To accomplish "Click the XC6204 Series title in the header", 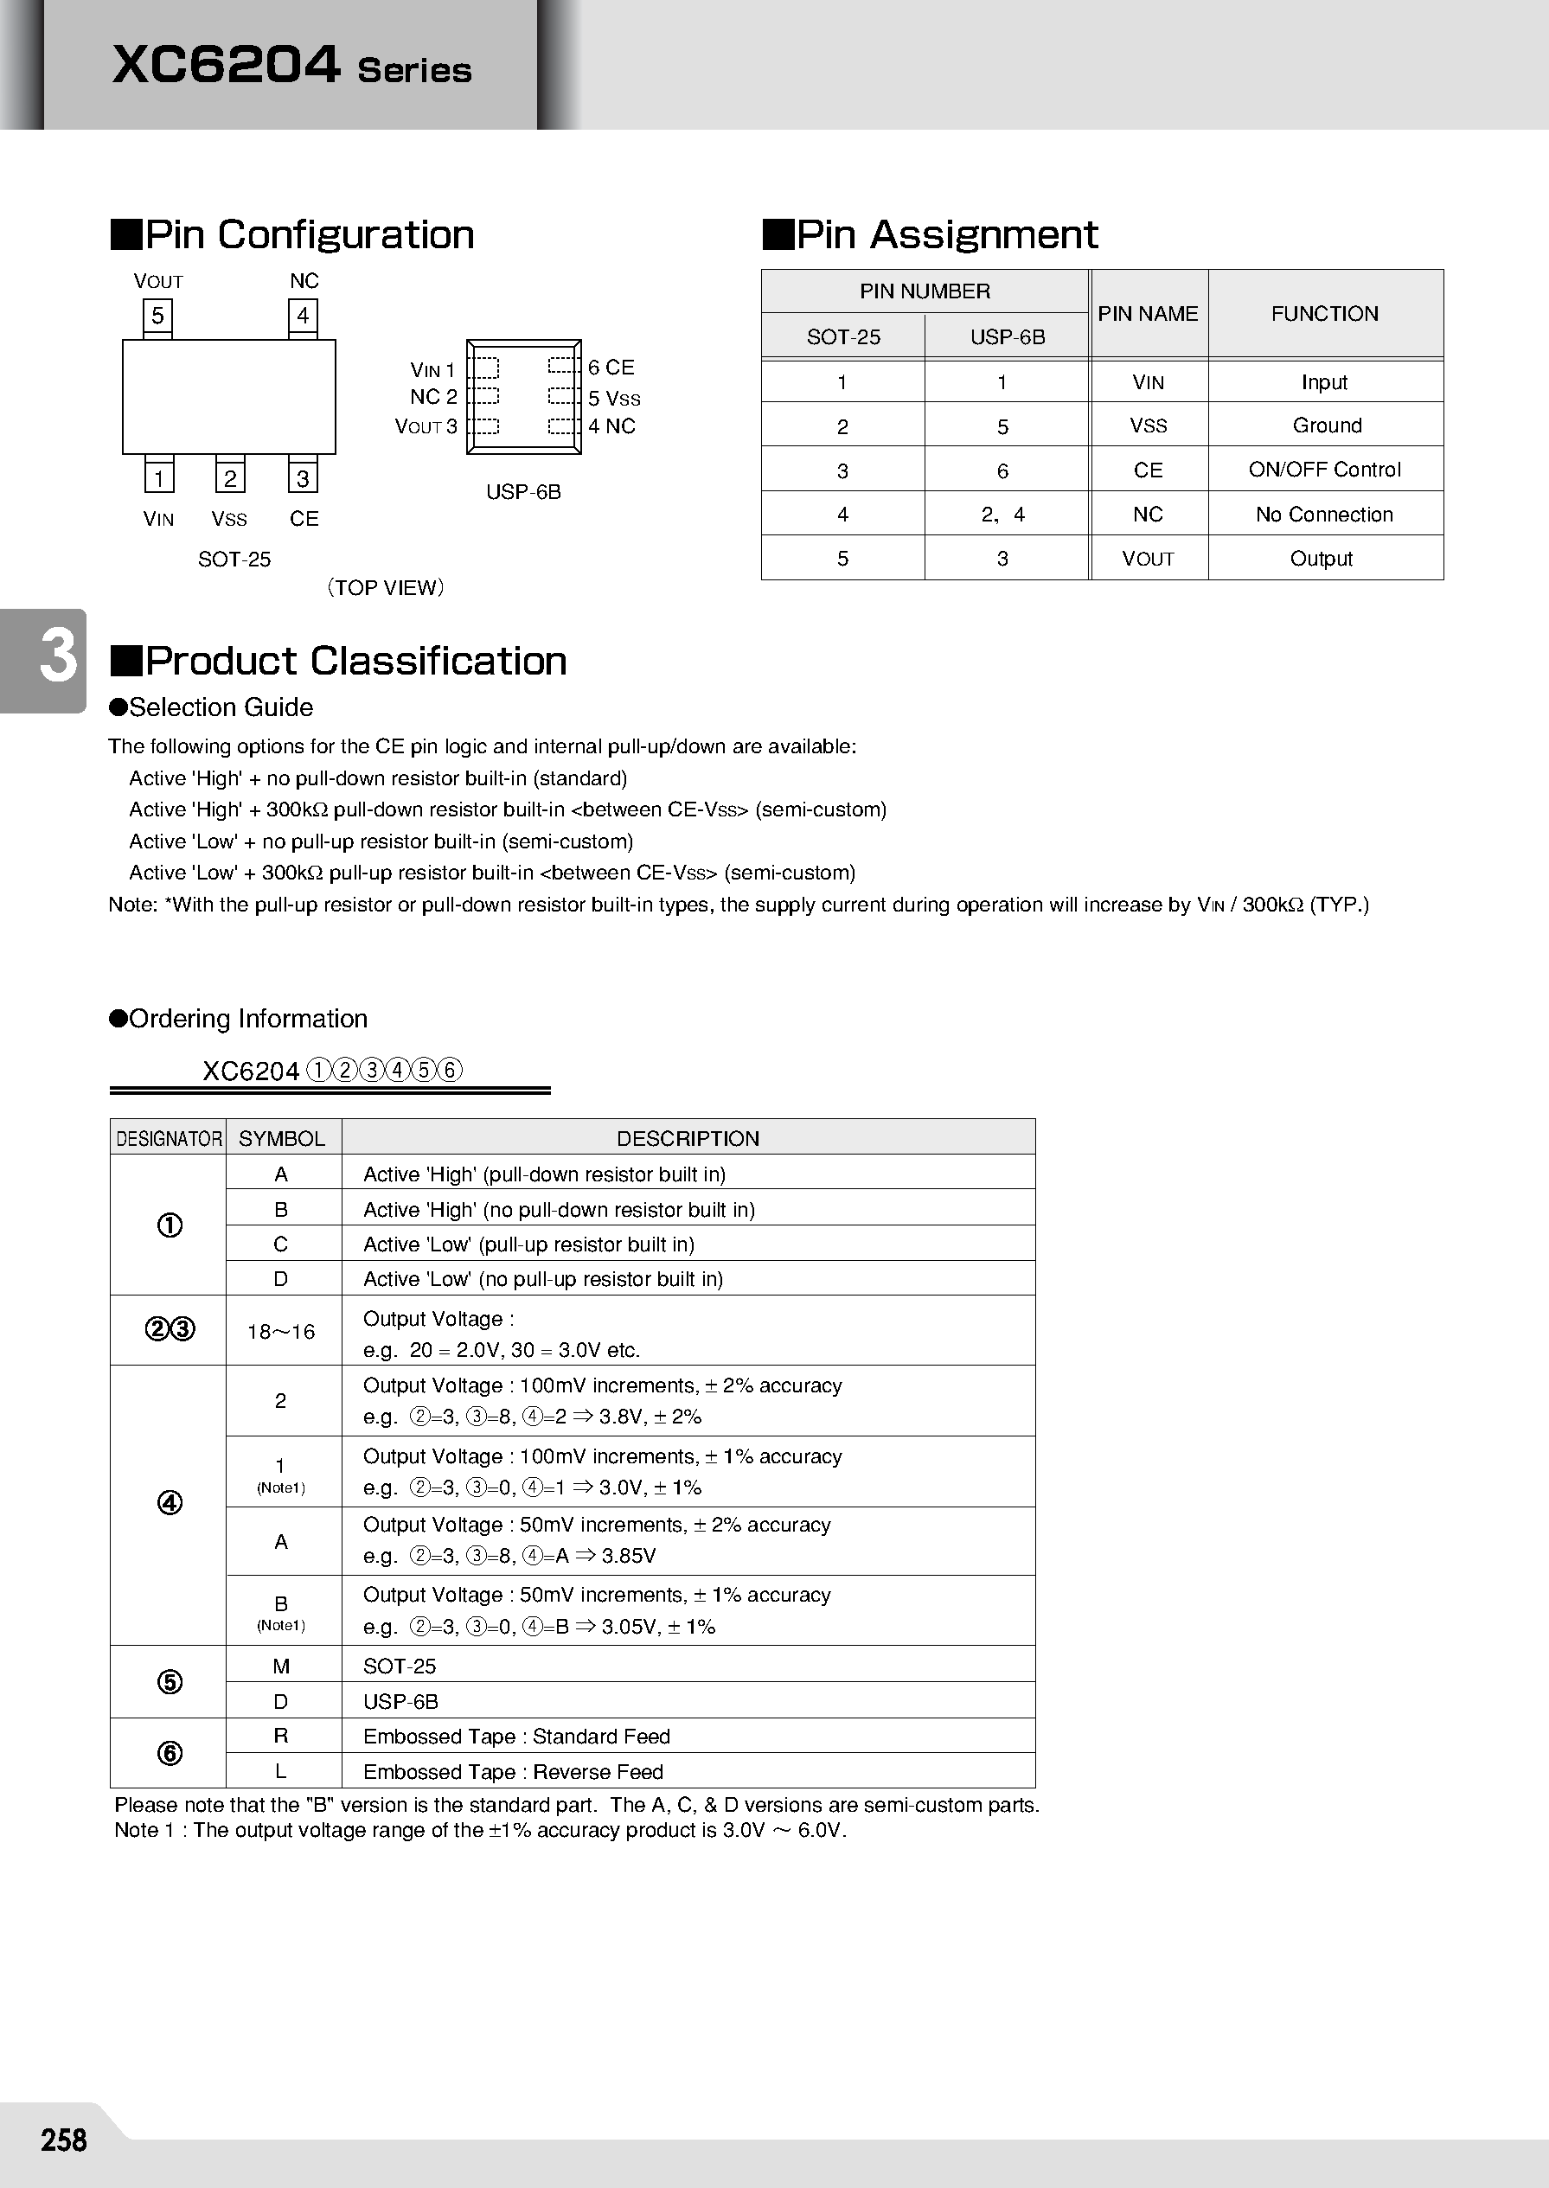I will tap(291, 66).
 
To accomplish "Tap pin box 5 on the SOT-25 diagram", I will tap(157, 316).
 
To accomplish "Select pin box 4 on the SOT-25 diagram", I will tap(303, 316).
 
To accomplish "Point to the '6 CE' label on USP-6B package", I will tap(611, 368).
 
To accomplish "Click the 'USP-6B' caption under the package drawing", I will tap(522, 492).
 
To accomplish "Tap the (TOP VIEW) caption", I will tap(386, 587).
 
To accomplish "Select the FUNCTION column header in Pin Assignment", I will tap(1324, 314).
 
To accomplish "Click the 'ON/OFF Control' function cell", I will tap(1324, 470).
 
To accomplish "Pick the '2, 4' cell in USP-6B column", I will tap(1002, 514).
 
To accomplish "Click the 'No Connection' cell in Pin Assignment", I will tap(1324, 514).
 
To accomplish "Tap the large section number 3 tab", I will tap(57, 658).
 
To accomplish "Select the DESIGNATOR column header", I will tap(169, 1139).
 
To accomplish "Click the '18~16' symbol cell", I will tap(280, 1333).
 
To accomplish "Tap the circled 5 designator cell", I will tap(169, 1681).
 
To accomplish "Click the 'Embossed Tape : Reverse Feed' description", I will tap(513, 1771).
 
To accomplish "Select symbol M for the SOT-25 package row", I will tap(280, 1667).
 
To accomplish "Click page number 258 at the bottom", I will tap(64, 2140).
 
